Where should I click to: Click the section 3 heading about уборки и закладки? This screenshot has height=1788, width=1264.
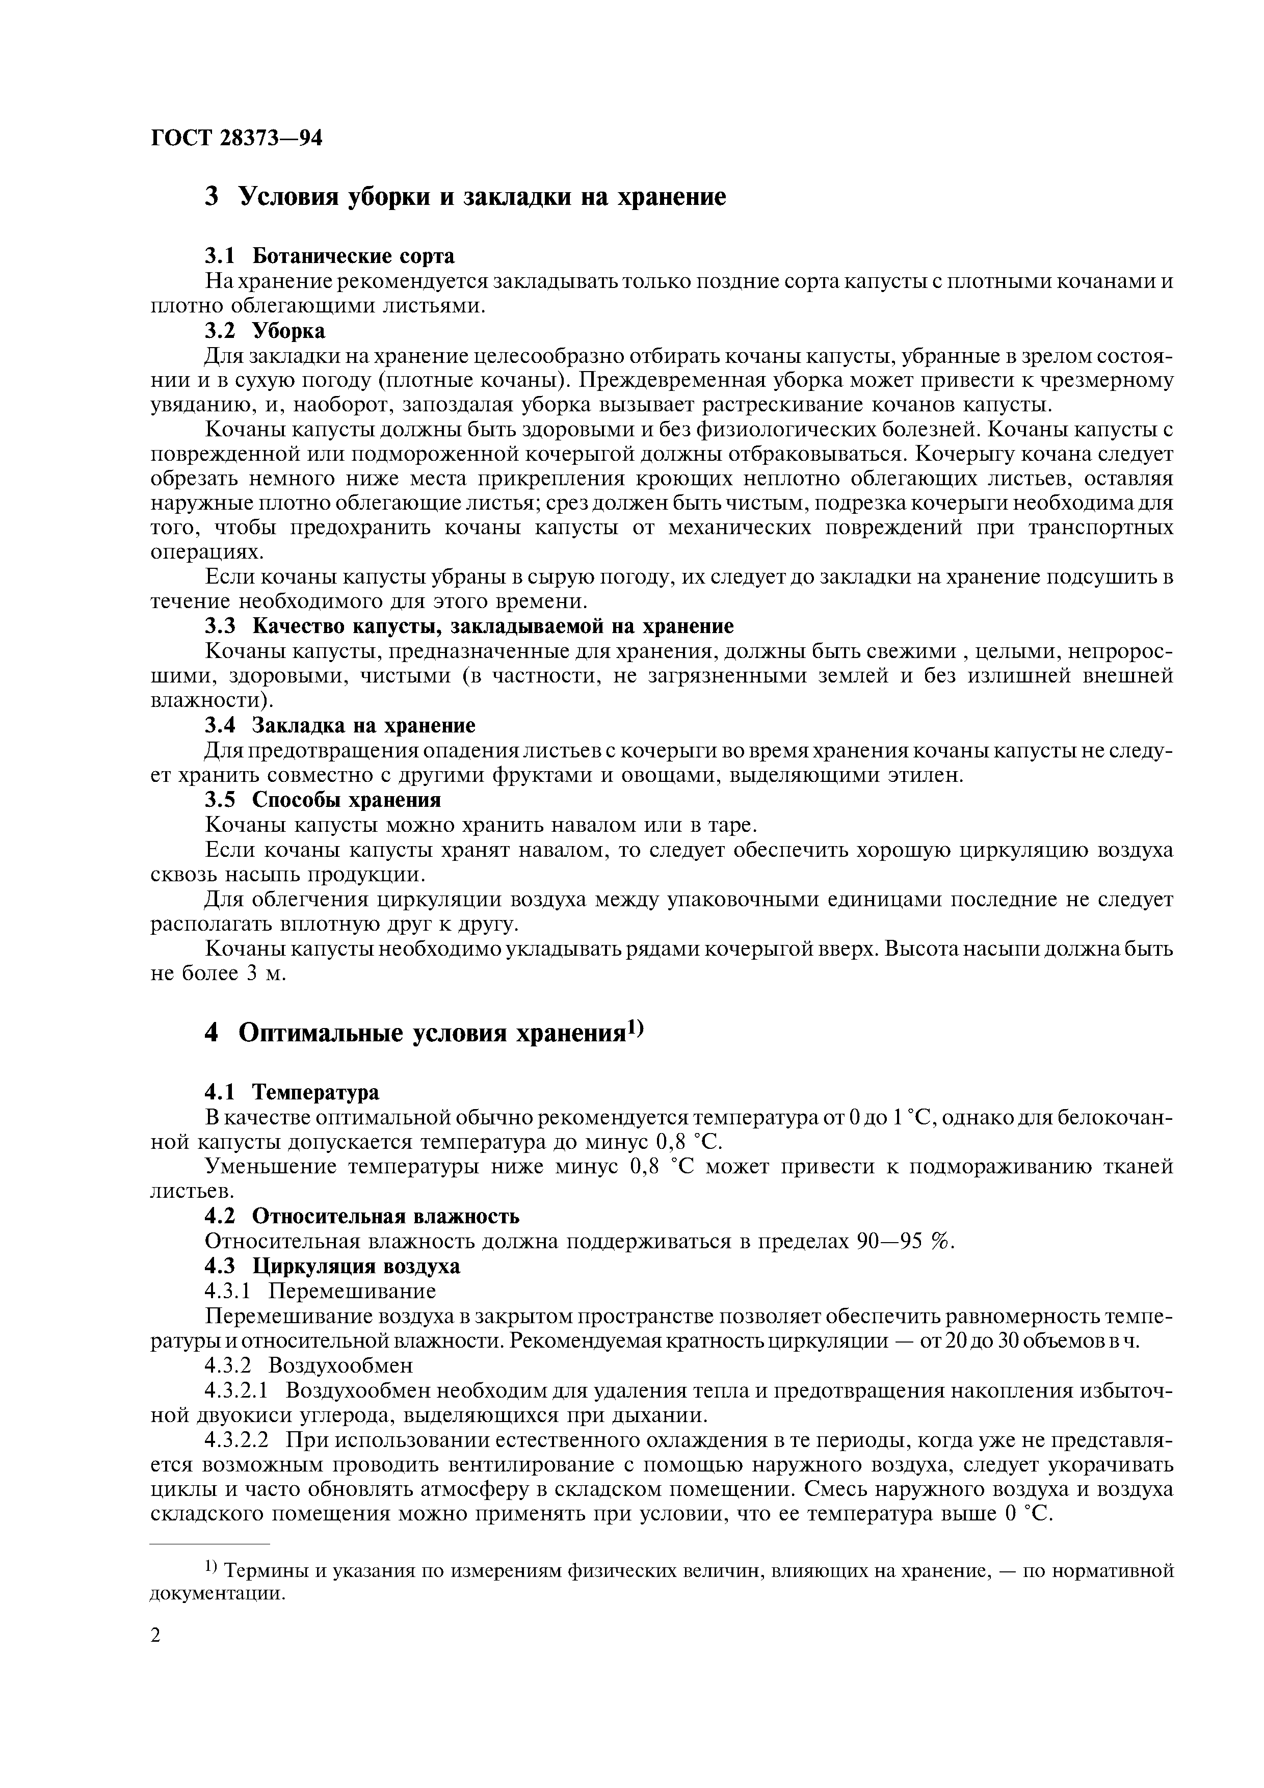click(465, 196)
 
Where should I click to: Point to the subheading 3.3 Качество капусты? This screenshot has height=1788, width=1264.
click(469, 626)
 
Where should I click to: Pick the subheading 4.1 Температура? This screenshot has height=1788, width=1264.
click(292, 1093)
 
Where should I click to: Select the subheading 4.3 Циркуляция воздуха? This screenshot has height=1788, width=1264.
click(332, 1266)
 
